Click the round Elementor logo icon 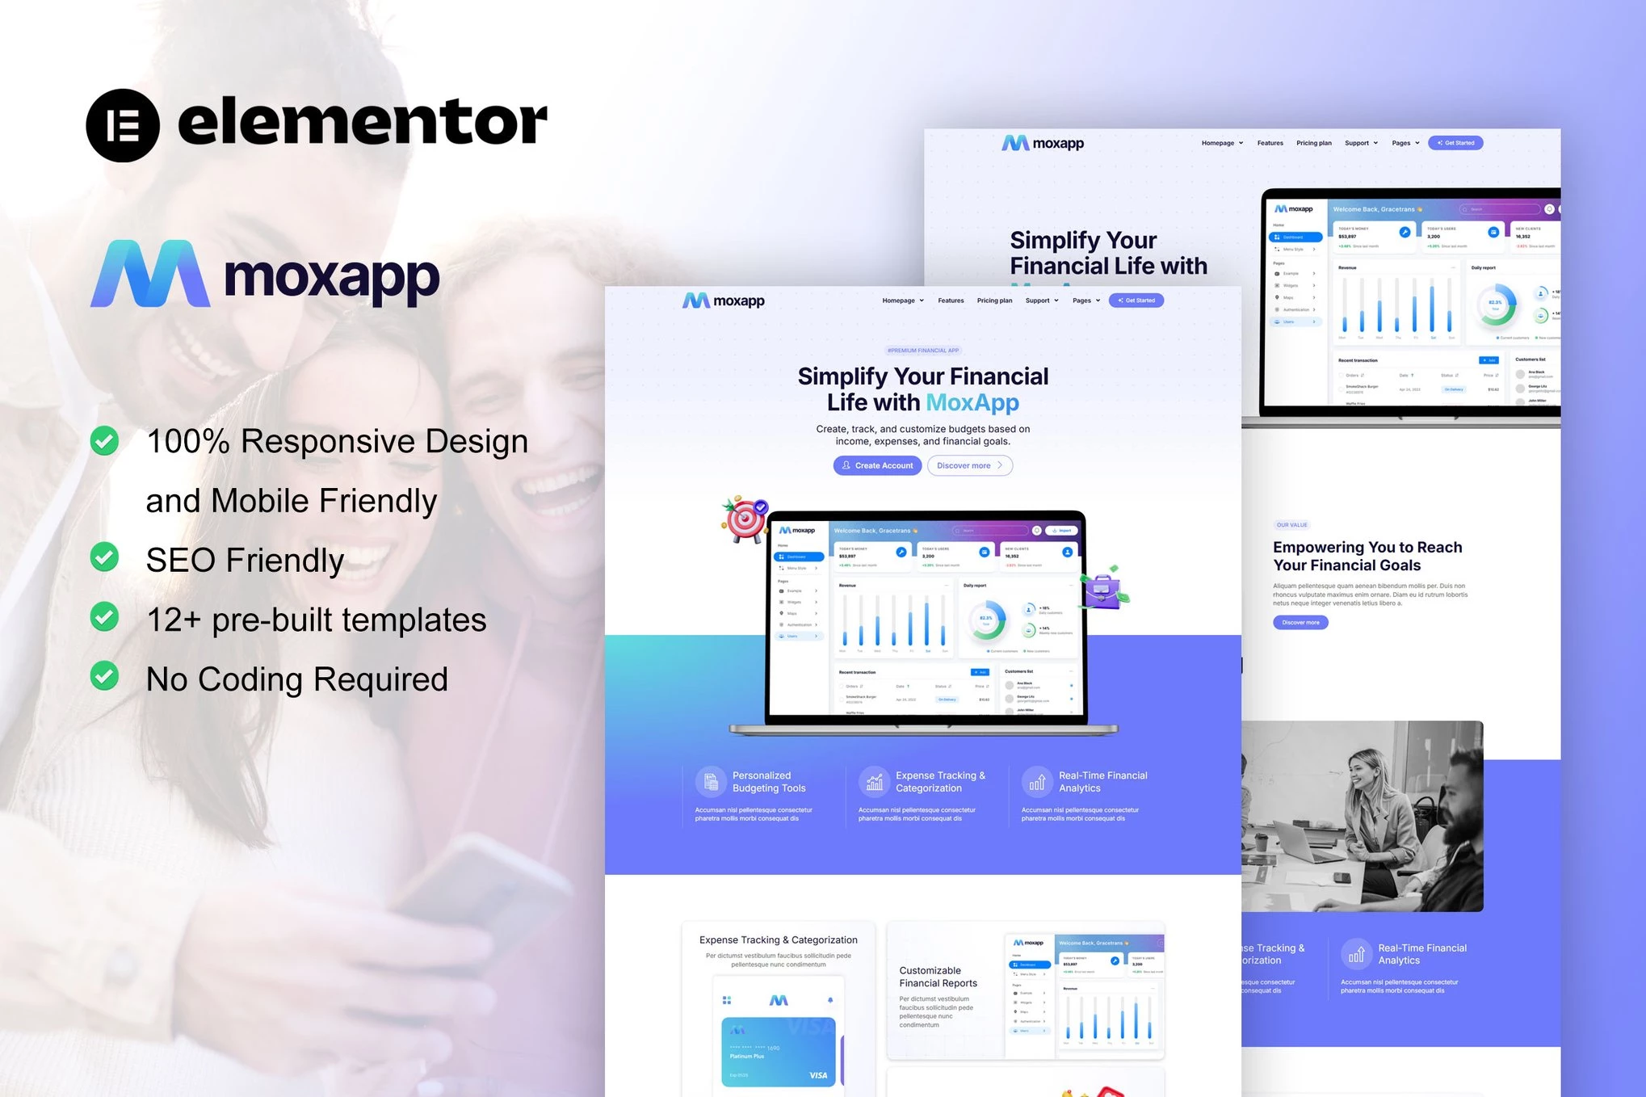click(x=123, y=125)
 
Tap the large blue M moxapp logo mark click(x=150, y=274)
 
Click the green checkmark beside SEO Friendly click(x=104, y=557)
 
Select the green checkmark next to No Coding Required click(x=104, y=676)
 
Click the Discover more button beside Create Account click(x=969, y=465)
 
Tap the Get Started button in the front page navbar click(x=1136, y=301)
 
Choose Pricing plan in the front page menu click(x=994, y=301)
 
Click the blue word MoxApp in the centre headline click(x=972, y=402)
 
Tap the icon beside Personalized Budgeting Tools click(x=711, y=781)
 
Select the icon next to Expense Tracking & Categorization click(x=874, y=781)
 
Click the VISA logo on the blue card click(x=818, y=1075)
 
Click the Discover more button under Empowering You click(x=1300, y=622)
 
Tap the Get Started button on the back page click(x=1455, y=143)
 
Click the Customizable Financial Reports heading click(x=938, y=977)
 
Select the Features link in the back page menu click(x=1270, y=143)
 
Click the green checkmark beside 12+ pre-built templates click(x=104, y=617)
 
